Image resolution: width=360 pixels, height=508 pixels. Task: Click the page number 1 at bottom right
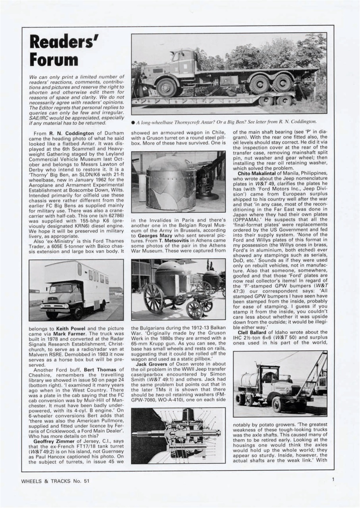click(333, 479)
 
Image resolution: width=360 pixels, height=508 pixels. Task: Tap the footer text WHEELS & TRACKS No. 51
click(55, 481)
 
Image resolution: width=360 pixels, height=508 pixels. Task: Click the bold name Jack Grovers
click(152, 352)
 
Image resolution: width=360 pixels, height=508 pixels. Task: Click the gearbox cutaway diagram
click(178, 435)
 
